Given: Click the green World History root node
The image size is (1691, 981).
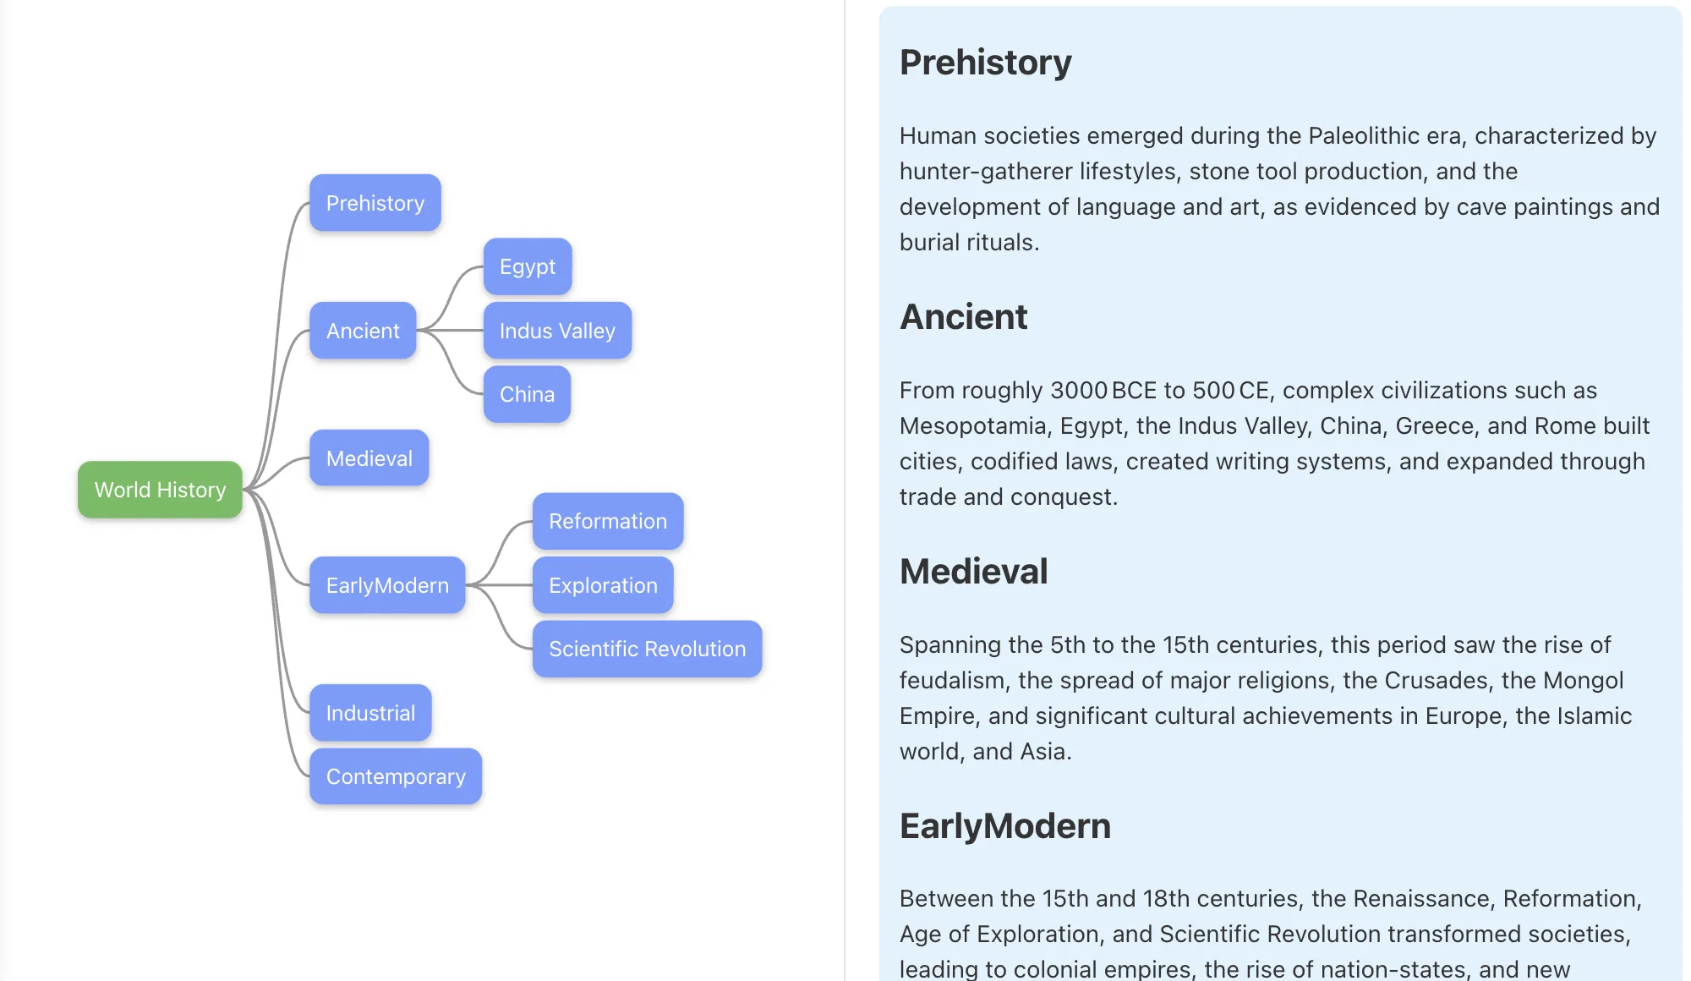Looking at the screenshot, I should click(160, 490).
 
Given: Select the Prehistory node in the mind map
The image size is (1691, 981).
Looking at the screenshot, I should click(375, 203).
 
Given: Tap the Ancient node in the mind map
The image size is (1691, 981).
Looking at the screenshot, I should click(363, 331).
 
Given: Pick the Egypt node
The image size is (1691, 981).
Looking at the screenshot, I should click(528, 266).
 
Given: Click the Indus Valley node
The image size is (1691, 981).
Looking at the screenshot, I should click(557, 331).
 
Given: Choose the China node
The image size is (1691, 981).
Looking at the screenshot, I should click(527, 394).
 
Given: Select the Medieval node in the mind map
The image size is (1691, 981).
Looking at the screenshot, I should click(369, 458).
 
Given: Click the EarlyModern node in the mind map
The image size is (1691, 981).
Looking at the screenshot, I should click(387, 585).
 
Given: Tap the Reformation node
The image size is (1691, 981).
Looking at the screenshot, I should click(608, 521).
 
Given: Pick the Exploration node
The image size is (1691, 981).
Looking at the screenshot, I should click(603, 585).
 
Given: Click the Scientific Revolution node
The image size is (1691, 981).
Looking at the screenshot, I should click(647, 649).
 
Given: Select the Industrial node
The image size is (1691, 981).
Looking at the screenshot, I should click(370, 713).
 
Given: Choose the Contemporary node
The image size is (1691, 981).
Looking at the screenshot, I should click(396, 776).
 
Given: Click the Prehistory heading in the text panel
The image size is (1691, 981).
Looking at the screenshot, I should click(985, 63).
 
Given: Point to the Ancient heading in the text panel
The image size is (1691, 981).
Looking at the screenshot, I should click(963, 317).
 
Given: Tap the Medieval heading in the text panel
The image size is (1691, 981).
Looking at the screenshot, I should click(973, 572).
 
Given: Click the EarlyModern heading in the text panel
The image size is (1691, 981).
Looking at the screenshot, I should click(1004, 826).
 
